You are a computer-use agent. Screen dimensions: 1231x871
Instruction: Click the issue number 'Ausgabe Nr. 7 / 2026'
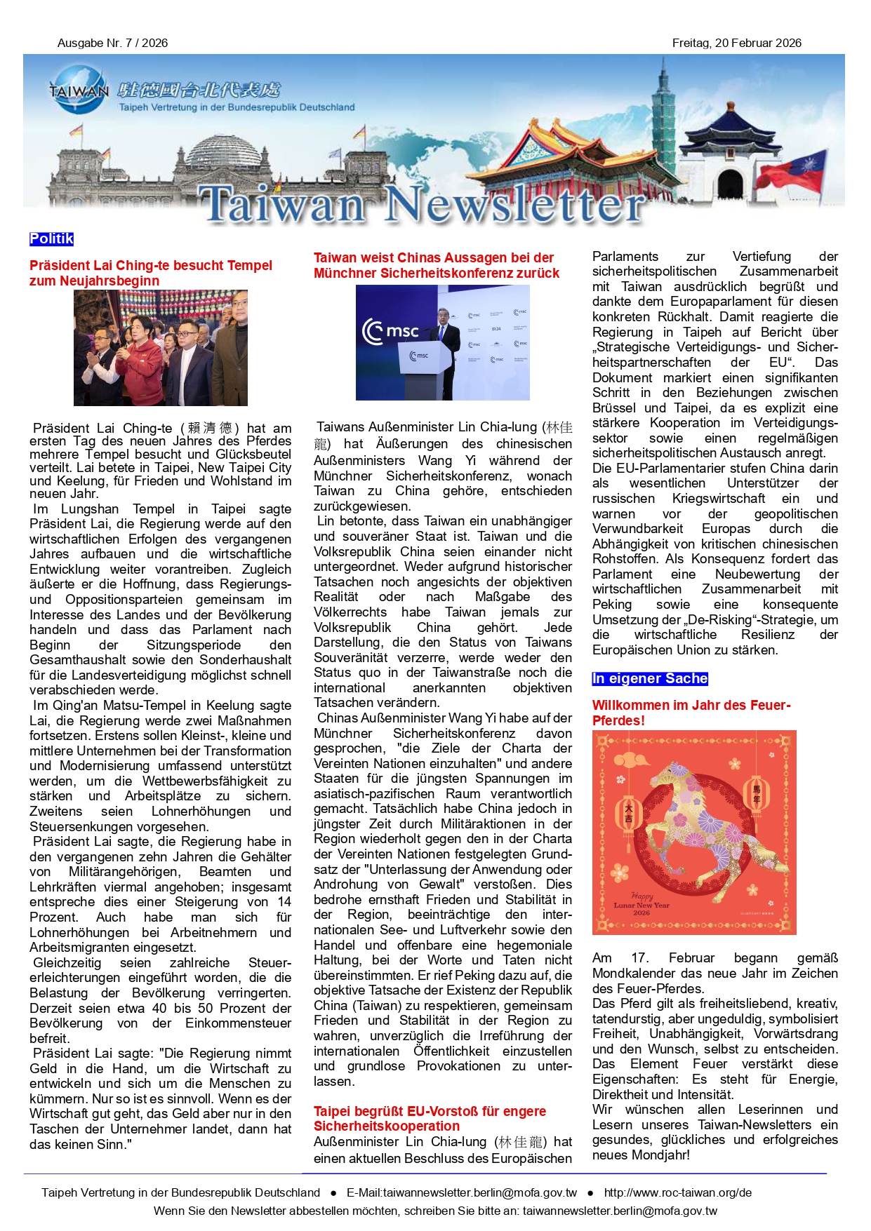tap(112, 43)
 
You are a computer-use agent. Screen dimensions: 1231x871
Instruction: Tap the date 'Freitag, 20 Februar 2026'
tap(736, 43)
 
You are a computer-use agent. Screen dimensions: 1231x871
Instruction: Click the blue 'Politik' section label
tap(51, 239)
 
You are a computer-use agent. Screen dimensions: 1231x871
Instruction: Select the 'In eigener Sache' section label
tap(649, 678)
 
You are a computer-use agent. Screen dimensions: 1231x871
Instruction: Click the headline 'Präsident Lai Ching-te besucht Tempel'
tap(151, 273)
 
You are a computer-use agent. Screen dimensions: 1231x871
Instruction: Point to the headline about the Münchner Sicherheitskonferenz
tap(436, 265)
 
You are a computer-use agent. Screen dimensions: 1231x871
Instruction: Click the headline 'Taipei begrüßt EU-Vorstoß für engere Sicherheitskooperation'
tap(429, 1118)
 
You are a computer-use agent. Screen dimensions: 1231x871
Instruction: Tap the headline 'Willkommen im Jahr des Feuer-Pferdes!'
tap(691, 713)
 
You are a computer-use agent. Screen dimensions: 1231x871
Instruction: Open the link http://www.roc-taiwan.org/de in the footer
tap(677, 1192)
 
